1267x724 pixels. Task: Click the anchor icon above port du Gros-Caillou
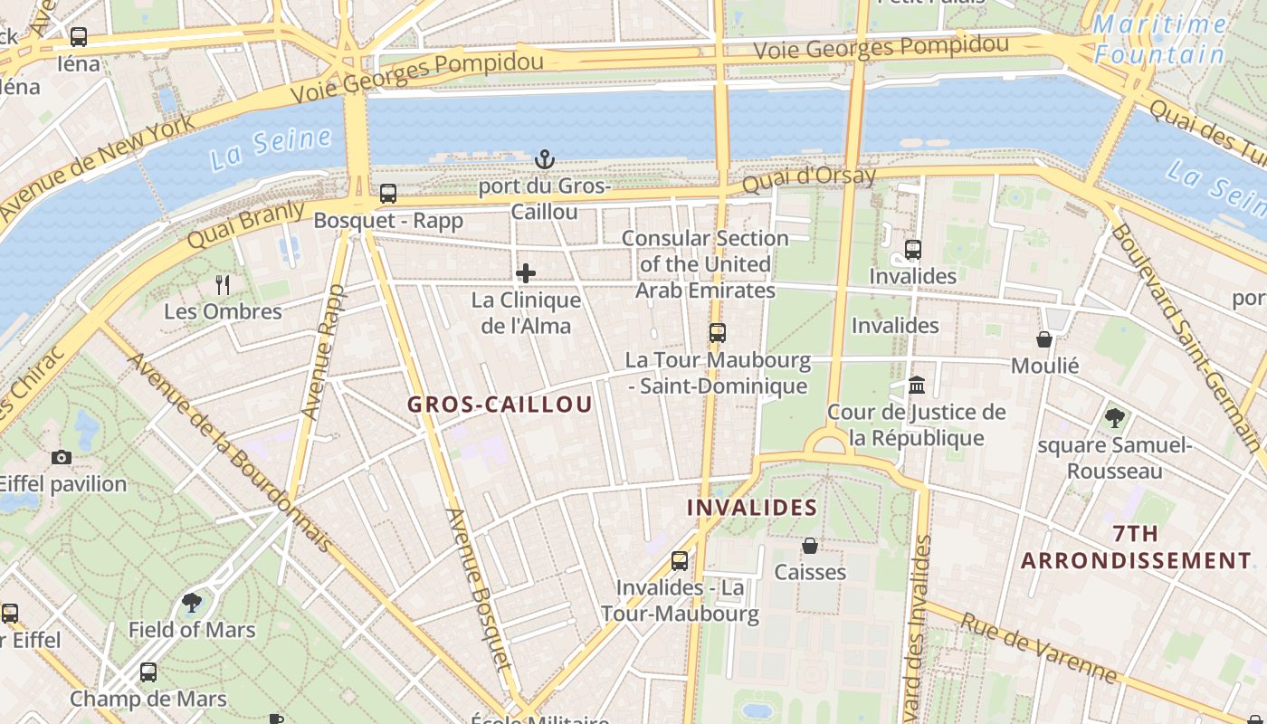pos(544,160)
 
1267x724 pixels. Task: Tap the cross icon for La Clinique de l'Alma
pos(526,273)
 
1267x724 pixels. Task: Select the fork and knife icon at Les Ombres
pos(223,285)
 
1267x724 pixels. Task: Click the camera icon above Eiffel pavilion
pos(62,457)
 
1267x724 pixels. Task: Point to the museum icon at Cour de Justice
pos(917,386)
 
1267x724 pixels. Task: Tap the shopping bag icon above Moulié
pos(1044,339)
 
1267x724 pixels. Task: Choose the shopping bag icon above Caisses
pos(810,546)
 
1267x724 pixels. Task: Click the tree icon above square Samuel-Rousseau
pos(1114,418)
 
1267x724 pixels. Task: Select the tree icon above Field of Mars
pos(192,603)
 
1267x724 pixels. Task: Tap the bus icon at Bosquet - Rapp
pos(388,193)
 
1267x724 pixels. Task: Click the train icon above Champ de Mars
pos(148,672)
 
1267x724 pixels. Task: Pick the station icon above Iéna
pos(79,37)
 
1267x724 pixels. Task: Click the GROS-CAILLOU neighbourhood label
pos(500,405)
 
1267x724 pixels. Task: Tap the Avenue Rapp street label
pos(324,352)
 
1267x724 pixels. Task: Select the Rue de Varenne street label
pos(1038,647)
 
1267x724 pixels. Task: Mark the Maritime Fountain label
pos(1159,40)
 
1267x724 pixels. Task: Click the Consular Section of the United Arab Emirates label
pos(705,264)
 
